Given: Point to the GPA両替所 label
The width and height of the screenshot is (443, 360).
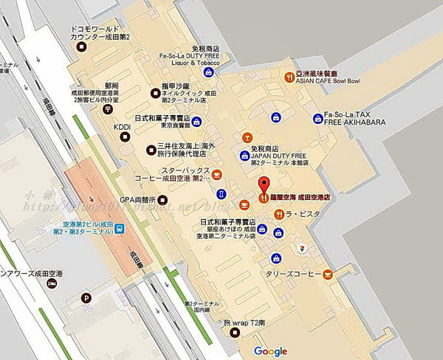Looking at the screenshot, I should [138, 200].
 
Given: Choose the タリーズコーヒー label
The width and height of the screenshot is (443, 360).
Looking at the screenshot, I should [292, 274].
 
